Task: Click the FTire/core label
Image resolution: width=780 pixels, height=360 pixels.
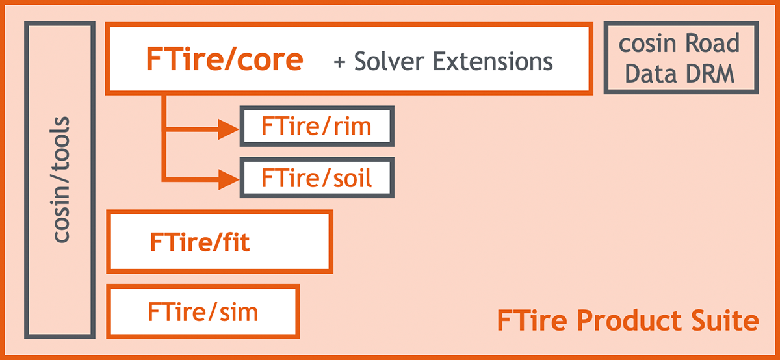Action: pyautogui.click(x=225, y=59)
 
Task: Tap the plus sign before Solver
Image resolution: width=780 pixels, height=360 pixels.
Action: pyautogui.click(x=339, y=62)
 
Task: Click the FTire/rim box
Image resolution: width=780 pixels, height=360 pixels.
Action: pyautogui.click(x=317, y=126)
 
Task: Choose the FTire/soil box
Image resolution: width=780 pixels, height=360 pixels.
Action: pyautogui.click(x=317, y=177)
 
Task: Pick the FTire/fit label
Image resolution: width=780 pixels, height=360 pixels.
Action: pyautogui.click(x=200, y=242)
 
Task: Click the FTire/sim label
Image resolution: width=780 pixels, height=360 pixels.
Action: pyautogui.click(x=203, y=312)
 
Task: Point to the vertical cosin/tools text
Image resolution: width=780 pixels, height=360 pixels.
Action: pyautogui.click(x=60, y=179)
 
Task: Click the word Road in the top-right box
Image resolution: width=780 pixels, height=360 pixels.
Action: pyautogui.click(x=712, y=43)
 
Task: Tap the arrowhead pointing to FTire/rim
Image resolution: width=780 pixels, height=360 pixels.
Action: pyautogui.click(x=228, y=129)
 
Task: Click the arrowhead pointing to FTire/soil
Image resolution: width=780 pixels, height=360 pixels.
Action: pyautogui.click(x=228, y=179)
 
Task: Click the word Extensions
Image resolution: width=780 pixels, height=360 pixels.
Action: pyautogui.click(x=493, y=61)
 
